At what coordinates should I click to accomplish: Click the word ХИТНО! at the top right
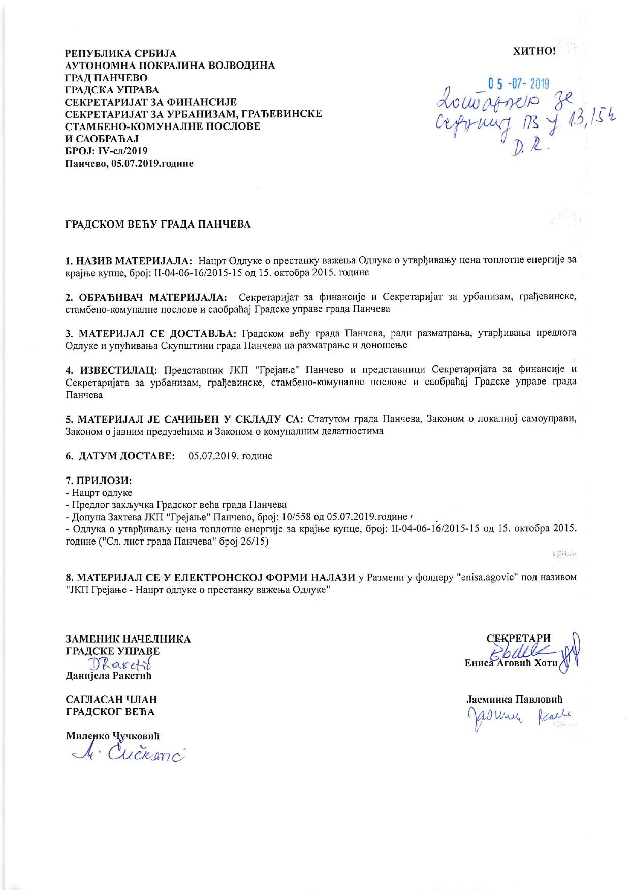(535, 51)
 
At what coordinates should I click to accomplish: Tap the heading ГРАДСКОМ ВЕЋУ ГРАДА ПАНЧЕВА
(158, 224)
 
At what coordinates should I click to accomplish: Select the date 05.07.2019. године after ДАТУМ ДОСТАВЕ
(230, 456)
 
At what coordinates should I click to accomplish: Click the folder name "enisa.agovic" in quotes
(488, 578)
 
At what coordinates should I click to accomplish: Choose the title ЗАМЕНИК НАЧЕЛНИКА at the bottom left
(128, 639)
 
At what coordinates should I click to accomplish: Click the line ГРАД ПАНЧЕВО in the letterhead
(106, 78)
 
